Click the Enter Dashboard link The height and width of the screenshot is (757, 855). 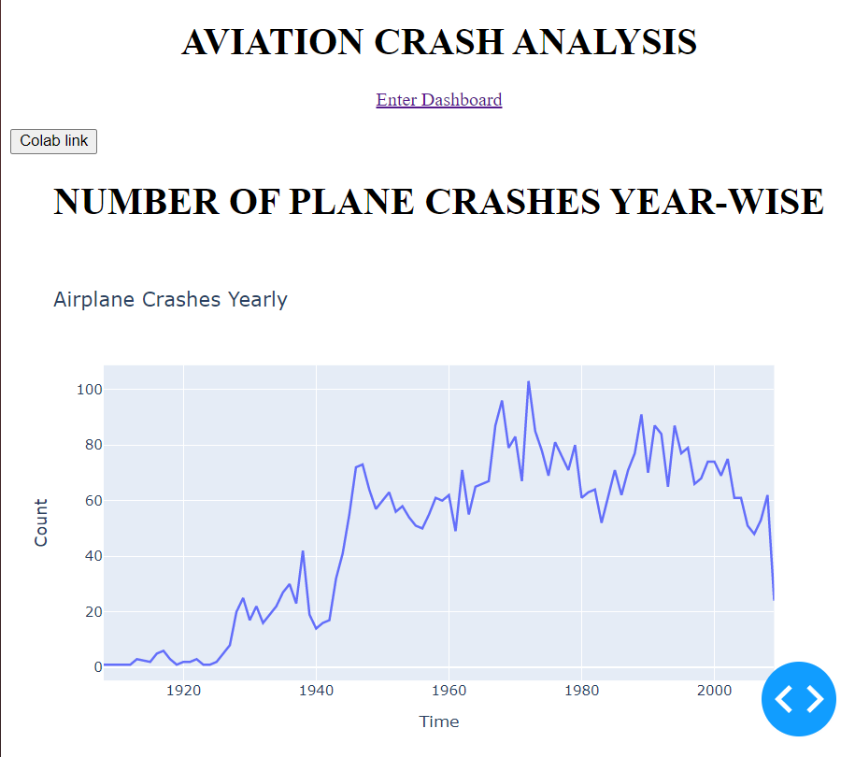pos(438,100)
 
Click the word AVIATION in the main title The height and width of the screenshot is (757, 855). pos(273,42)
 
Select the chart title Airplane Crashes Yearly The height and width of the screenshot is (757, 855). pos(170,300)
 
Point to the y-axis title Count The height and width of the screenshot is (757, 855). pos(41,522)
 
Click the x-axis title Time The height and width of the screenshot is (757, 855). pos(438,721)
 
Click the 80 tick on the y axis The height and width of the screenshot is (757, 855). pos(88,445)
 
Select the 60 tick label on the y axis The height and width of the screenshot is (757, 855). pos(88,501)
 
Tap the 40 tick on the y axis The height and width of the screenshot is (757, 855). pos(88,556)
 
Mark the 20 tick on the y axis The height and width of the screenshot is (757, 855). pos(88,612)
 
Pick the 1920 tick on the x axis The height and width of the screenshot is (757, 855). pos(184,692)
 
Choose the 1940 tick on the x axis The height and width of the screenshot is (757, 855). pos(317,692)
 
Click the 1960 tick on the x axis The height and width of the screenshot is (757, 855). pos(449,692)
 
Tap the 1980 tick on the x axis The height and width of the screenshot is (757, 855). pos(582,692)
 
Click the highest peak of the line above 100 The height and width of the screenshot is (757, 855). pos(528,382)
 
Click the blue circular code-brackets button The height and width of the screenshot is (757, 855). pos(799,699)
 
